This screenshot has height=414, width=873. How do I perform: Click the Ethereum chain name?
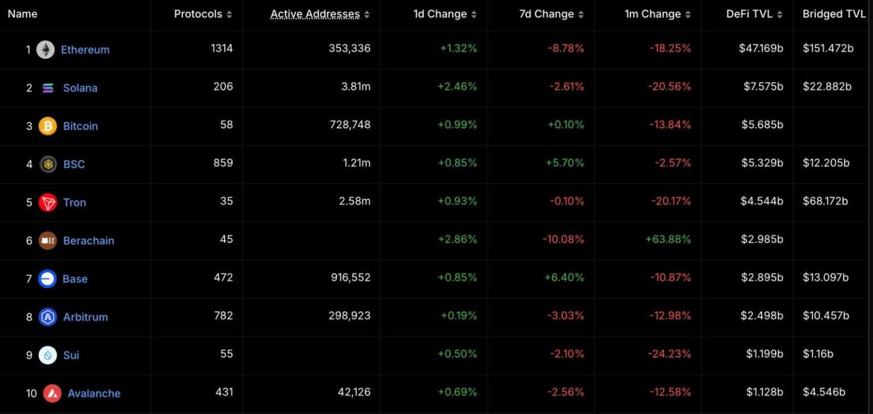(85, 50)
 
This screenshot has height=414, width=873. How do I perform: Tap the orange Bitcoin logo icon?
(48, 126)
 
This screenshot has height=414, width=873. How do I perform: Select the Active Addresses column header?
(315, 14)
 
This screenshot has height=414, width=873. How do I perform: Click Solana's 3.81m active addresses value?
(356, 87)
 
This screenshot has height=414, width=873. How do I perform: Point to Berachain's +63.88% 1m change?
(668, 239)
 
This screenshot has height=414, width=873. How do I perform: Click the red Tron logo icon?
(48, 202)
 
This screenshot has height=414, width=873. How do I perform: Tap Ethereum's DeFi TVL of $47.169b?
(760, 49)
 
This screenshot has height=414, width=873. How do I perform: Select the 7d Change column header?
(546, 14)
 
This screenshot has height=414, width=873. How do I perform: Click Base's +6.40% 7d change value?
(565, 278)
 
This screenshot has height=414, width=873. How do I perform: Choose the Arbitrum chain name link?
(85, 317)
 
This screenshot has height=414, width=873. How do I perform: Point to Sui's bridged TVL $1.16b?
(818, 354)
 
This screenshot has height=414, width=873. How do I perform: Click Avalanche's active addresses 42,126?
(354, 392)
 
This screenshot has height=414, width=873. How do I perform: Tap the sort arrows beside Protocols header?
(229, 15)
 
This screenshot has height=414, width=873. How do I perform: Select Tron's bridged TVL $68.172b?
(825, 201)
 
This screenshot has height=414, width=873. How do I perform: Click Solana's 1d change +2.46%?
(457, 87)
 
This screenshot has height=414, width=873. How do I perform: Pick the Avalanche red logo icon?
(52, 393)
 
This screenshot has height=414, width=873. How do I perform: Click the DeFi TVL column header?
(750, 14)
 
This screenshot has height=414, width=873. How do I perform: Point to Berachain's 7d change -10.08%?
(563, 239)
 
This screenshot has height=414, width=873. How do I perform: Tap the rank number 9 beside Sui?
(29, 356)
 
